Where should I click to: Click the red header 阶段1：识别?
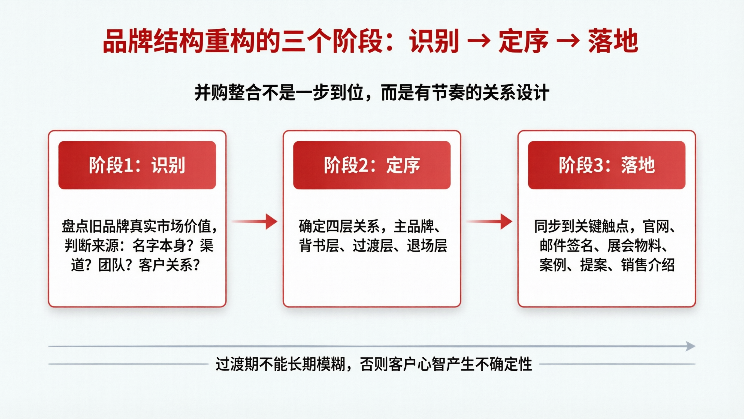(x=137, y=165)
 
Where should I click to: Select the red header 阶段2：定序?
(x=372, y=165)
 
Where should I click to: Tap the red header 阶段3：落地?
(x=607, y=165)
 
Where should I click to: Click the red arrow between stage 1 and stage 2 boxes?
(x=255, y=222)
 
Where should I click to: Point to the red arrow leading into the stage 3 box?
(x=489, y=222)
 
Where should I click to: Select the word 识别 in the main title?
(x=434, y=41)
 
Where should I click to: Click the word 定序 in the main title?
(x=523, y=41)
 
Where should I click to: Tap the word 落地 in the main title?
(x=613, y=41)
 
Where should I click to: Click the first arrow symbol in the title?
(x=479, y=41)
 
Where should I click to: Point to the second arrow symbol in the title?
(x=568, y=41)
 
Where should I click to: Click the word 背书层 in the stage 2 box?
(x=319, y=246)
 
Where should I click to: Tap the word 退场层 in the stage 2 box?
(x=427, y=246)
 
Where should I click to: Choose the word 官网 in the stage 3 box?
(x=656, y=226)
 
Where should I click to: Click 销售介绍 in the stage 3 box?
(x=648, y=265)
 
